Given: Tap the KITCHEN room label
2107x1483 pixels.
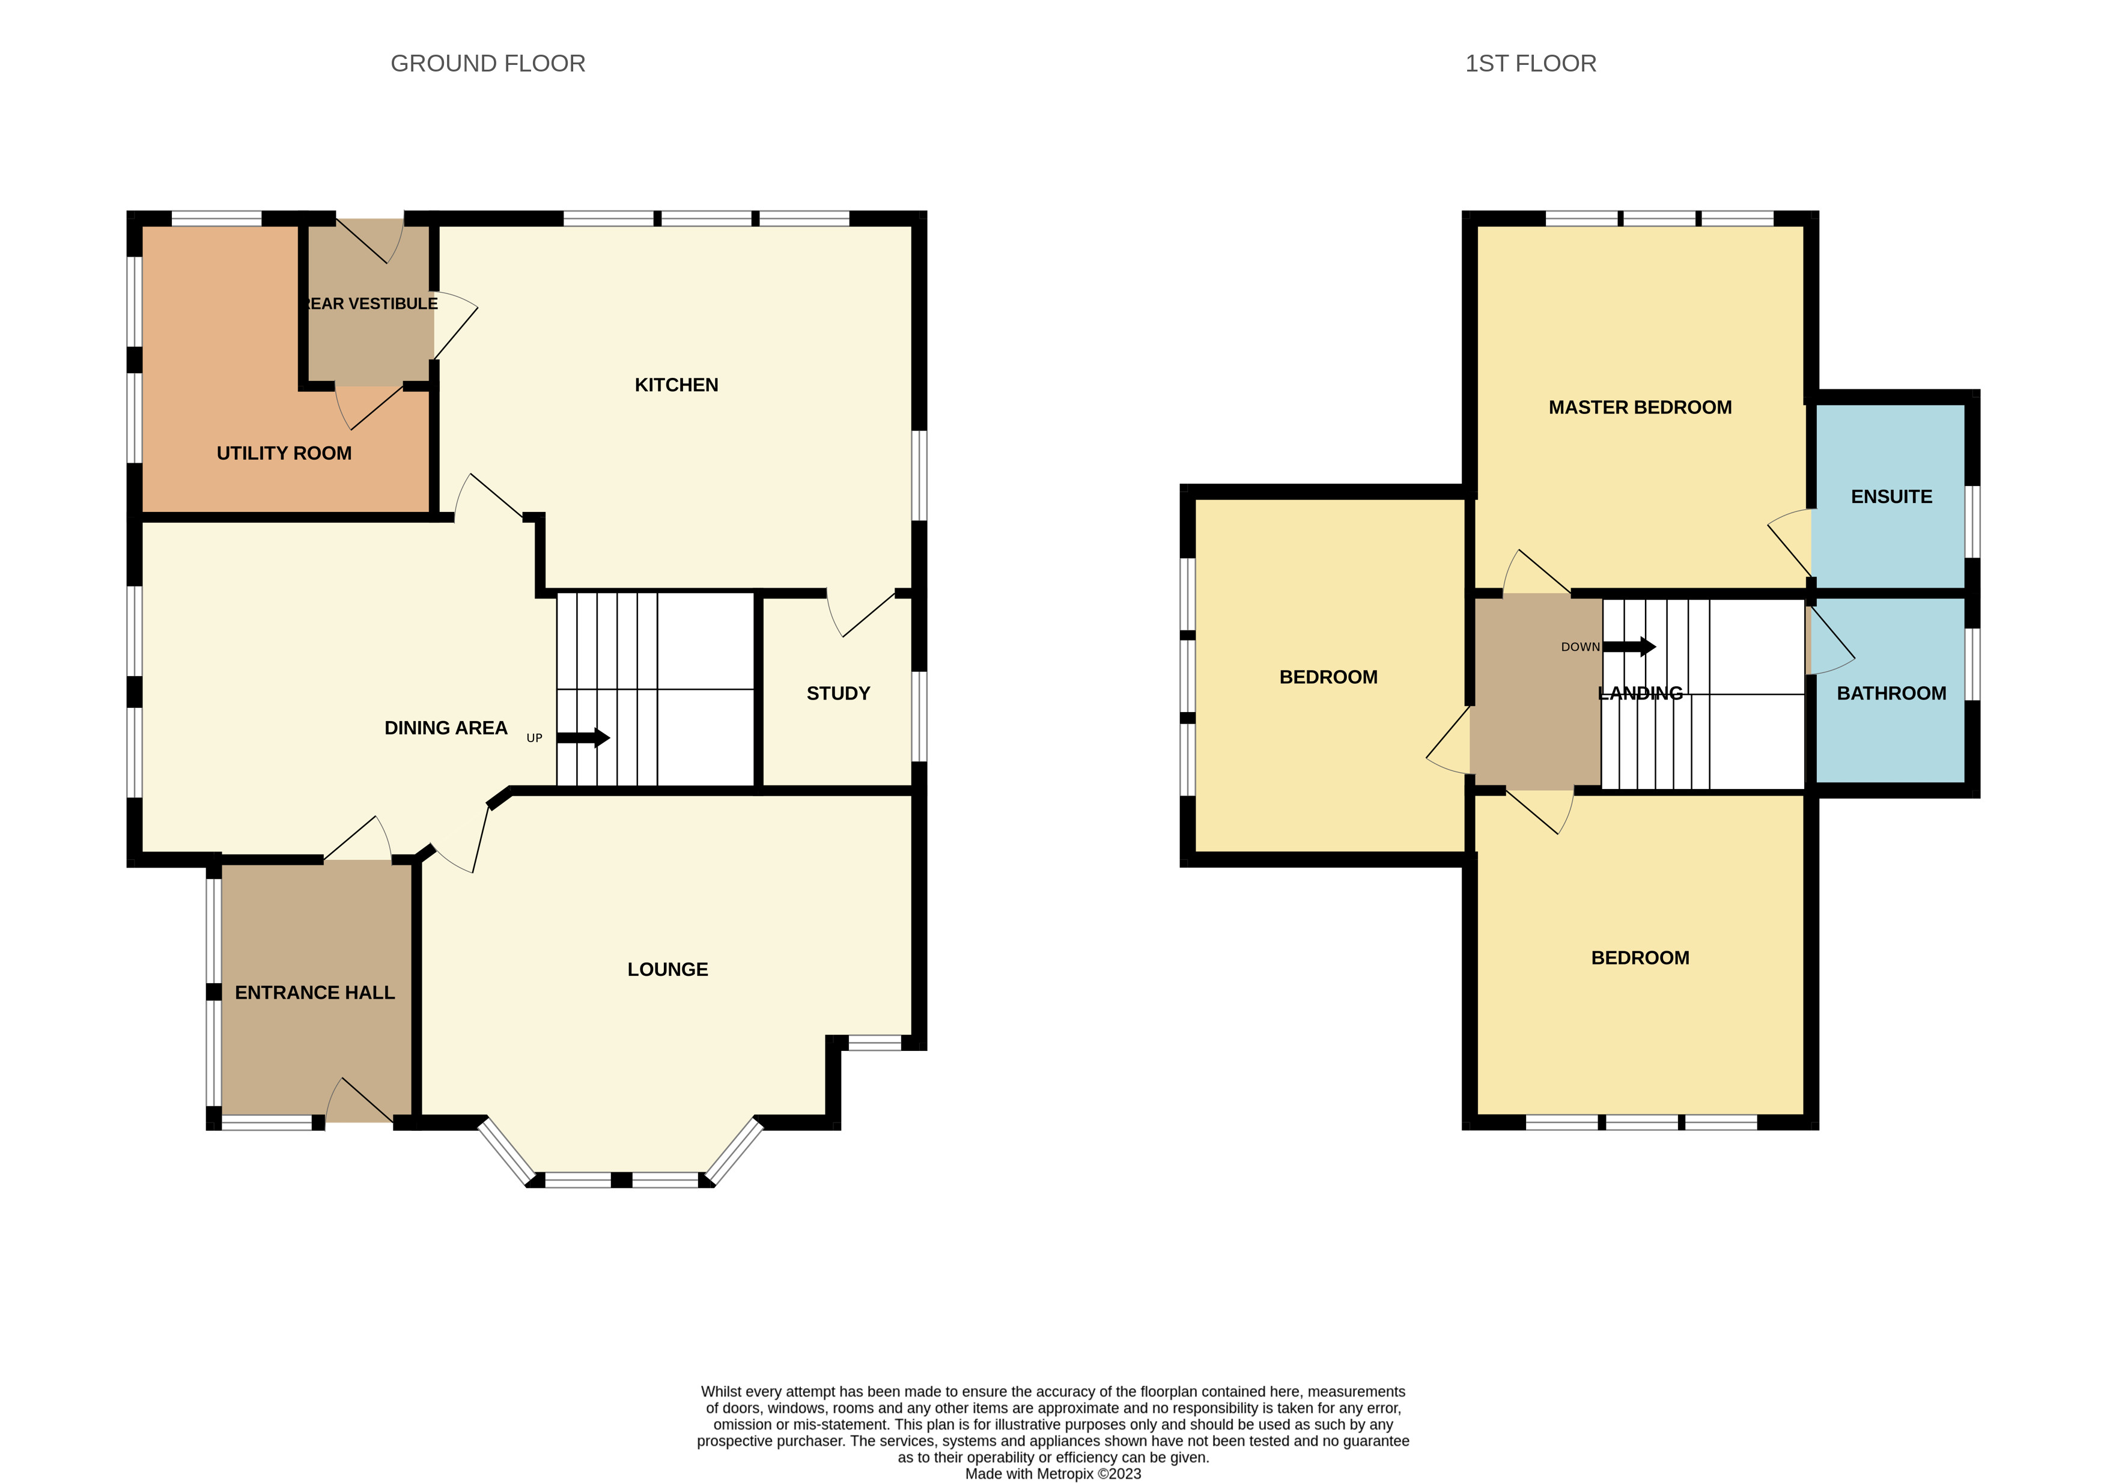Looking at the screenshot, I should pyautogui.click(x=676, y=385).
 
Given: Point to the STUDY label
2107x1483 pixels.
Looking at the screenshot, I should pyautogui.click(x=838, y=694).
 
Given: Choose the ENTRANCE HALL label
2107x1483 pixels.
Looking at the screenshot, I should pyautogui.click(x=315, y=993).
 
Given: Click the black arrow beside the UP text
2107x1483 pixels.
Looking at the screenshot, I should pyautogui.click(x=583, y=738).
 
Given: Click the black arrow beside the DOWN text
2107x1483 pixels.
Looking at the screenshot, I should pyautogui.click(x=1630, y=647).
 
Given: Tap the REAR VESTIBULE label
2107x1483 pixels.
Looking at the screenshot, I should pyautogui.click(x=371, y=304).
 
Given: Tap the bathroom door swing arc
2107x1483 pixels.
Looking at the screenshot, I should pyautogui.click(x=1831, y=642).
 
